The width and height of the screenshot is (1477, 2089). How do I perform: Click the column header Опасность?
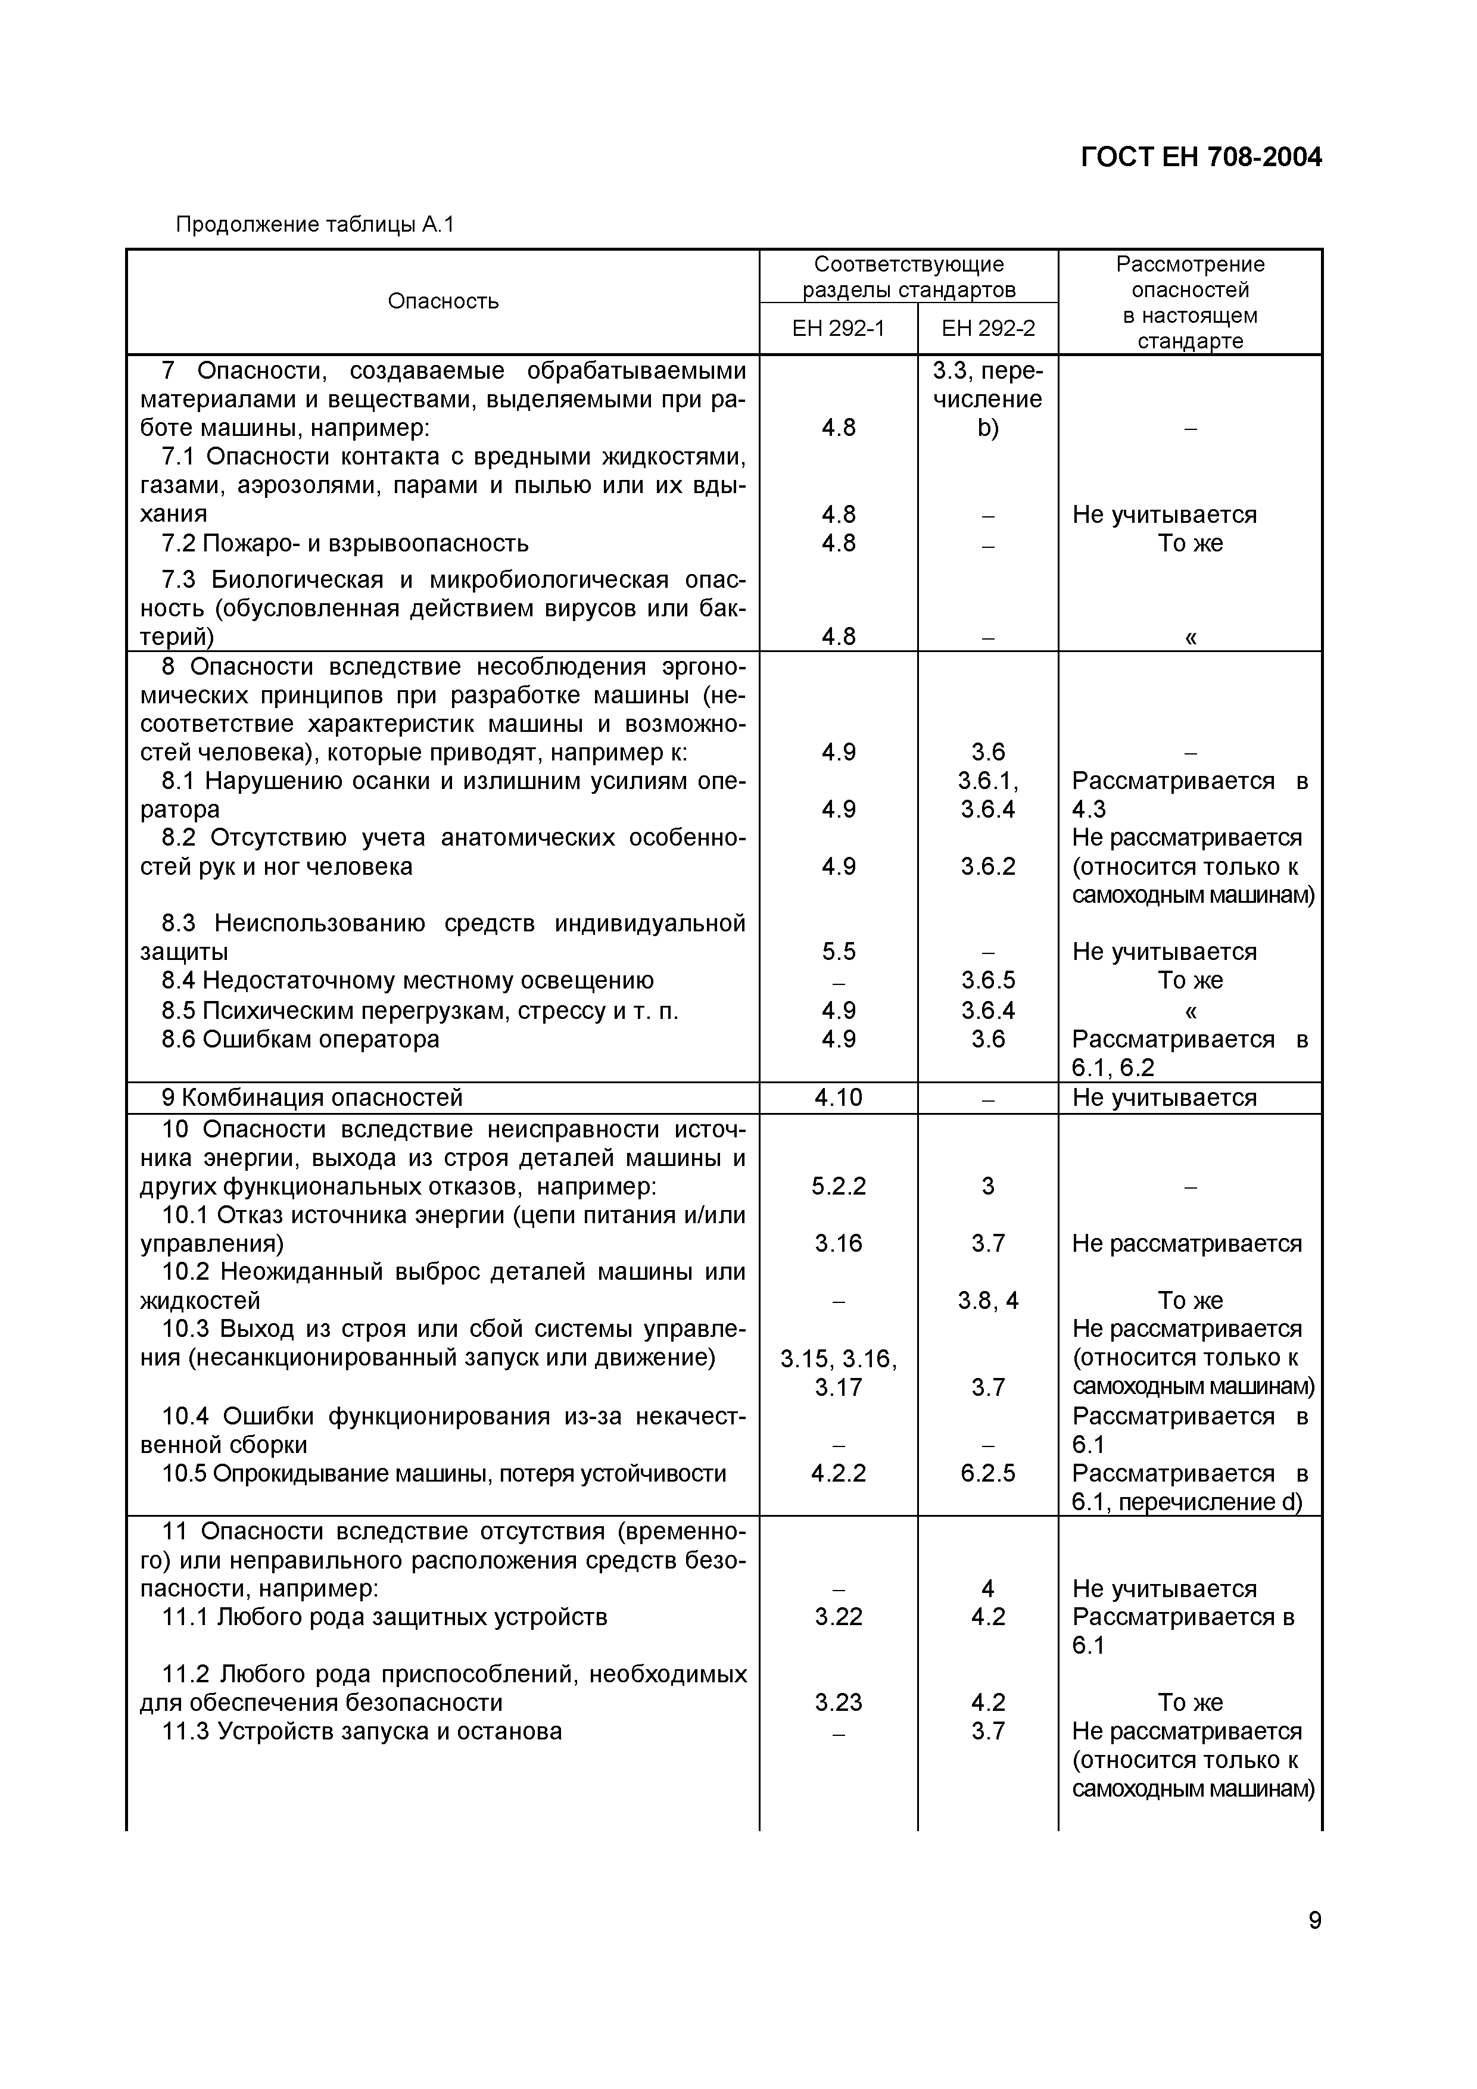tap(443, 301)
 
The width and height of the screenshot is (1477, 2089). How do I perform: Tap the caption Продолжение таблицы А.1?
tap(314, 224)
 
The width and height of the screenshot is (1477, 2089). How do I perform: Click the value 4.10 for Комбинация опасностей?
tap(837, 1097)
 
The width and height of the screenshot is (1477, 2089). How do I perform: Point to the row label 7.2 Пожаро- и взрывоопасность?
tap(345, 543)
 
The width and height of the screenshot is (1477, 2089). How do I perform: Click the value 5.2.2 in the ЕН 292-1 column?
tap(837, 1186)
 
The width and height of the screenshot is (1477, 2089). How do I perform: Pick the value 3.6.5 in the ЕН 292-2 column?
tap(987, 981)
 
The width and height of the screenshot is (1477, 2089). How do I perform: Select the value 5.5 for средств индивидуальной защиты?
tap(837, 952)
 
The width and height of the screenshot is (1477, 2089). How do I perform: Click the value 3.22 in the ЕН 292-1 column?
tap(837, 1617)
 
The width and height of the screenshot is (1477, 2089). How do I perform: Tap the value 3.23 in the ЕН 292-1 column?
tap(837, 1703)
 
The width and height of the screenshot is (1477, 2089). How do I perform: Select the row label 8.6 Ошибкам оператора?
tap(300, 1039)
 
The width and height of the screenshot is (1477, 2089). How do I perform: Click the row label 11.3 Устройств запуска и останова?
tap(362, 1732)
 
